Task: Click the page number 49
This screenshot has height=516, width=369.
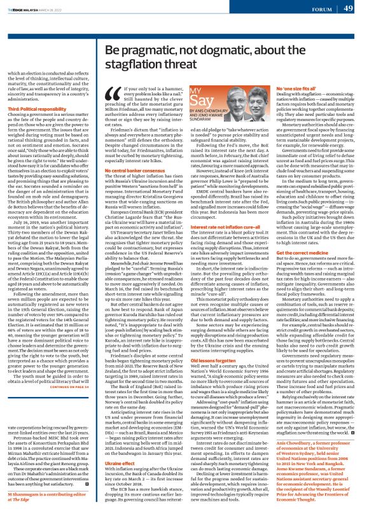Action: [349, 8]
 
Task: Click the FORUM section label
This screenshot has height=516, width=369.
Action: [322, 9]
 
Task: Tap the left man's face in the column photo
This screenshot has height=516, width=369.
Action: [240, 108]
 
